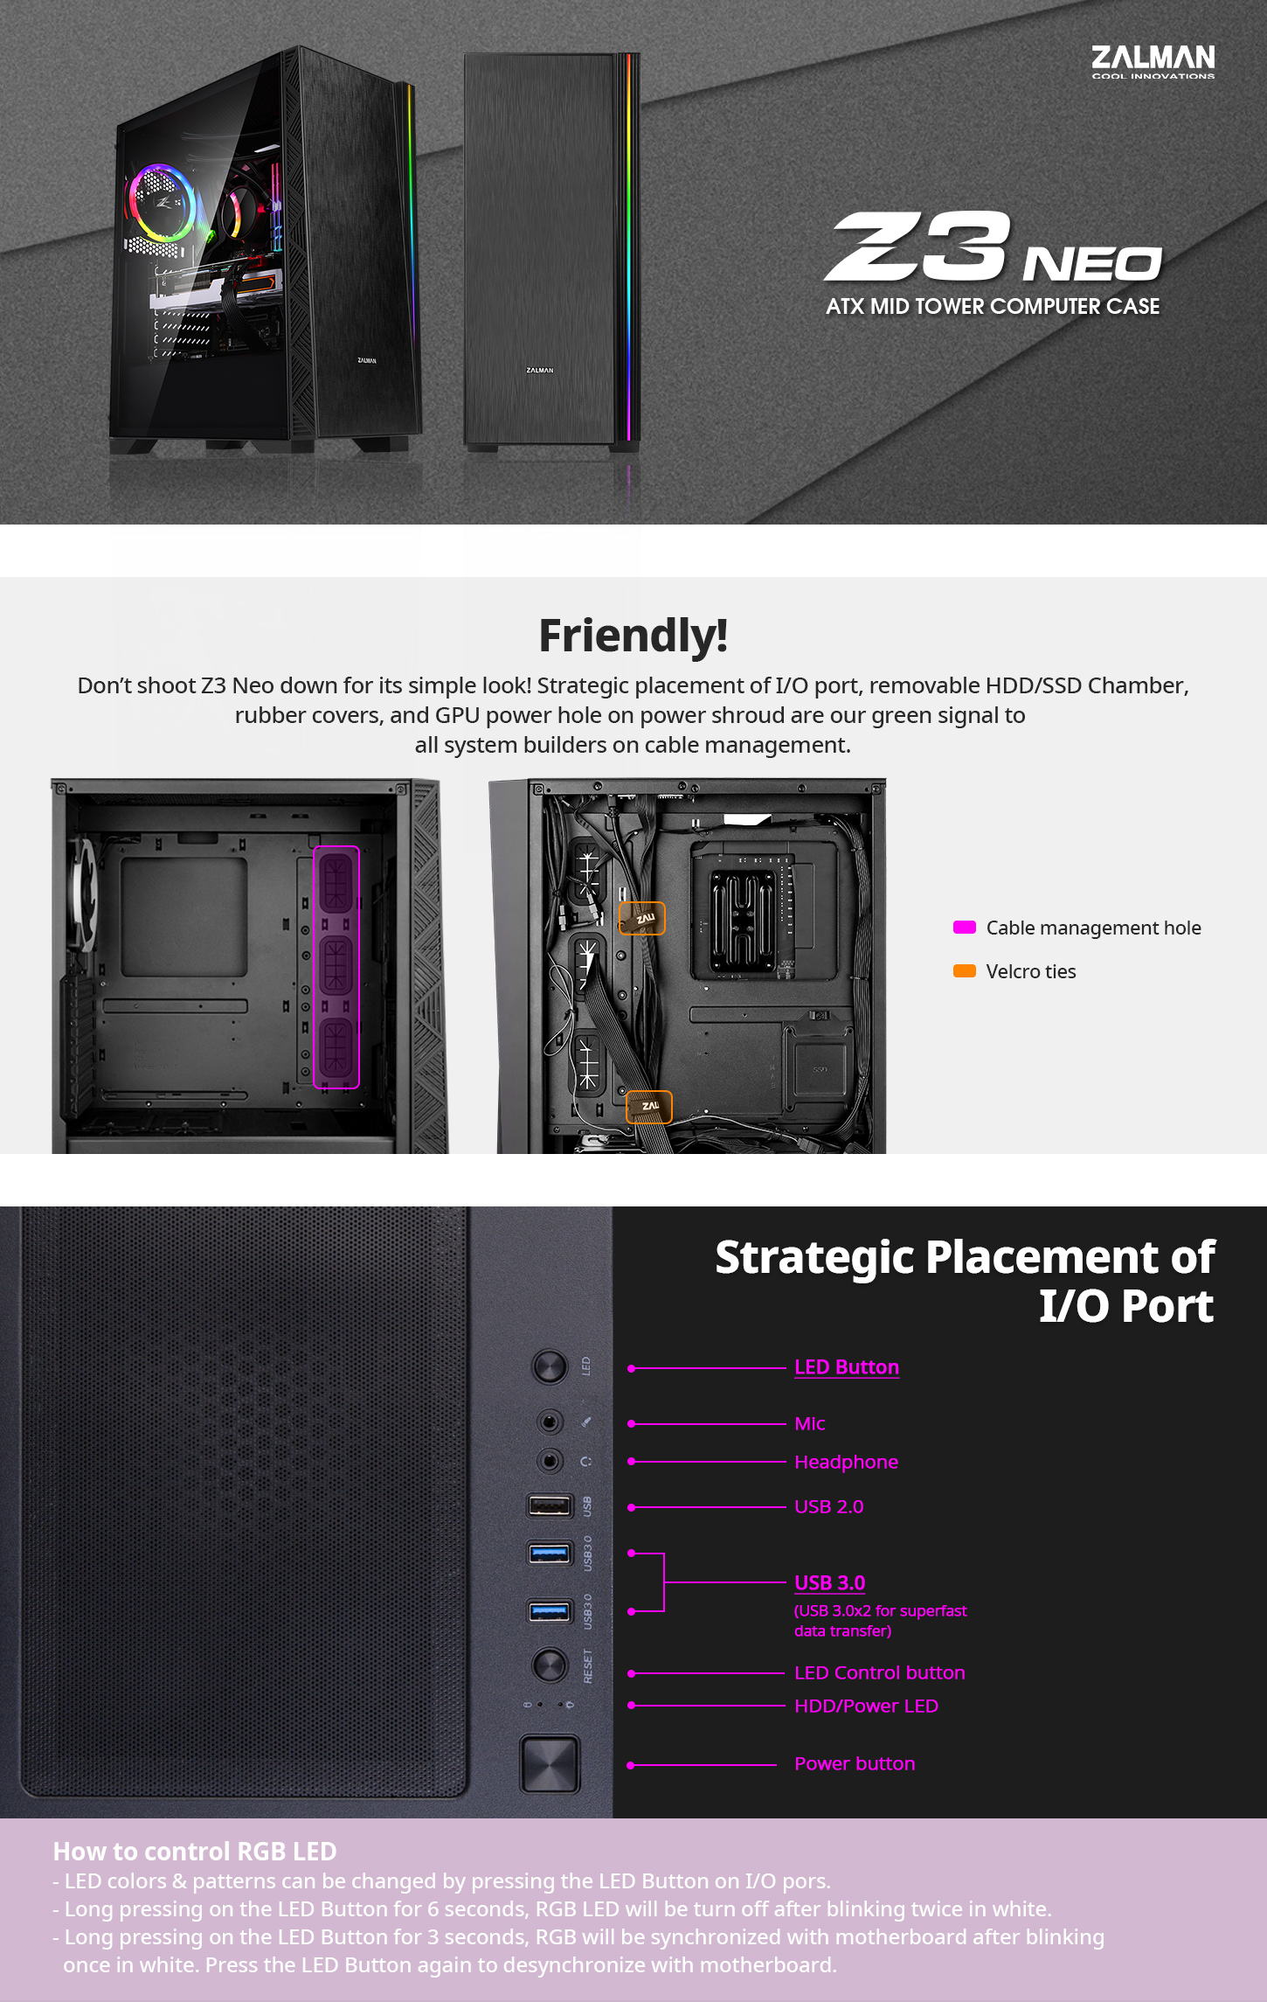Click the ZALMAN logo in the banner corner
1153,61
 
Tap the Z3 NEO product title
994,247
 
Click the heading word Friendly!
633,636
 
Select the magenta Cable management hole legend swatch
964,928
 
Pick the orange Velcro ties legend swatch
964,971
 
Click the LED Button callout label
847,1367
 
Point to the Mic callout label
810,1423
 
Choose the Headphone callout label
846,1462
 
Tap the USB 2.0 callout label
828,1506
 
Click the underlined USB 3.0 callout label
829,1583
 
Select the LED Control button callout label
880,1672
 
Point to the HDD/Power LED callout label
866,1706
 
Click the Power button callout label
855,1763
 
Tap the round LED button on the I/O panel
550,1366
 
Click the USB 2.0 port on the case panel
550,1505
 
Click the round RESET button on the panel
550,1665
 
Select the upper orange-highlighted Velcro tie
642,919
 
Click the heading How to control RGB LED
195,1852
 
